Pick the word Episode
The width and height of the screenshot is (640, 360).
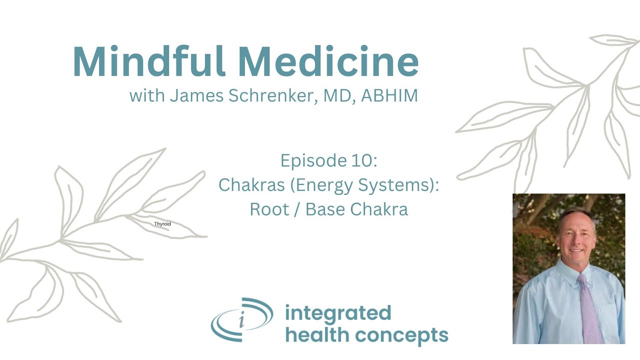point(310,160)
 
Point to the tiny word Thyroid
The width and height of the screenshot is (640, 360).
point(162,224)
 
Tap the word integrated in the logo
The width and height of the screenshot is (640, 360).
point(338,313)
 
